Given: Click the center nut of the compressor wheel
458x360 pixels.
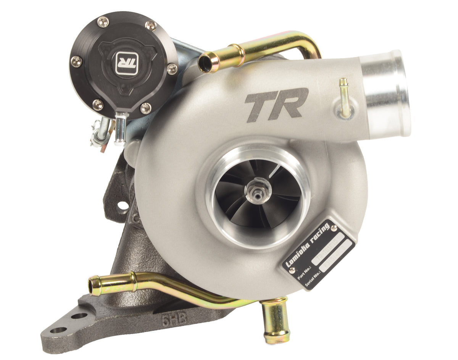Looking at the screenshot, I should tap(258, 189).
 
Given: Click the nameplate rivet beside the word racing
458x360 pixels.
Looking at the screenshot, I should tap(334, 228).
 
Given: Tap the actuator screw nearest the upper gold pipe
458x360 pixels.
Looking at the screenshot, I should tap(172, 69).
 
